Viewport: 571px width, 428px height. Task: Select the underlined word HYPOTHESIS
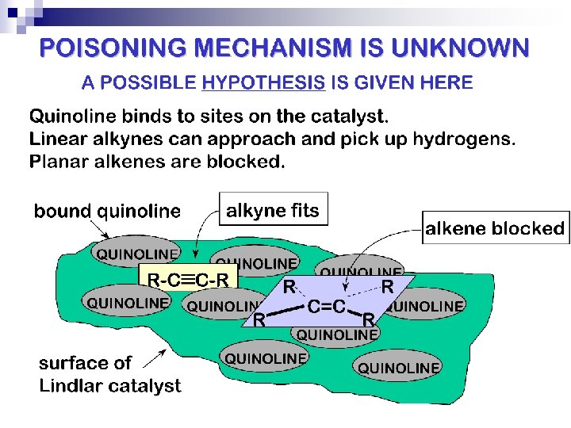pyautogui.click(x=263, y=82)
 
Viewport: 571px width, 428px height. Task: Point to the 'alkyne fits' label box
pyautogui.click(x=272, y=211)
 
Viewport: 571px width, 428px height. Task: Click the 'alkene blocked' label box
pyautogui.click(x=495, y=229)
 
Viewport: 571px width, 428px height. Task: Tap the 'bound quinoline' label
pyautogui.click(x=107, y=212)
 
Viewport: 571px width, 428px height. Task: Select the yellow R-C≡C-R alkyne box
pyautogui.click(x=188, y=278)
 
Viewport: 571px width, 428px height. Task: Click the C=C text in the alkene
pyautogui.click(x=326, y=306)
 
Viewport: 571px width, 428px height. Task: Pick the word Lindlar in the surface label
pyautogui.click(x=71, y=386)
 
